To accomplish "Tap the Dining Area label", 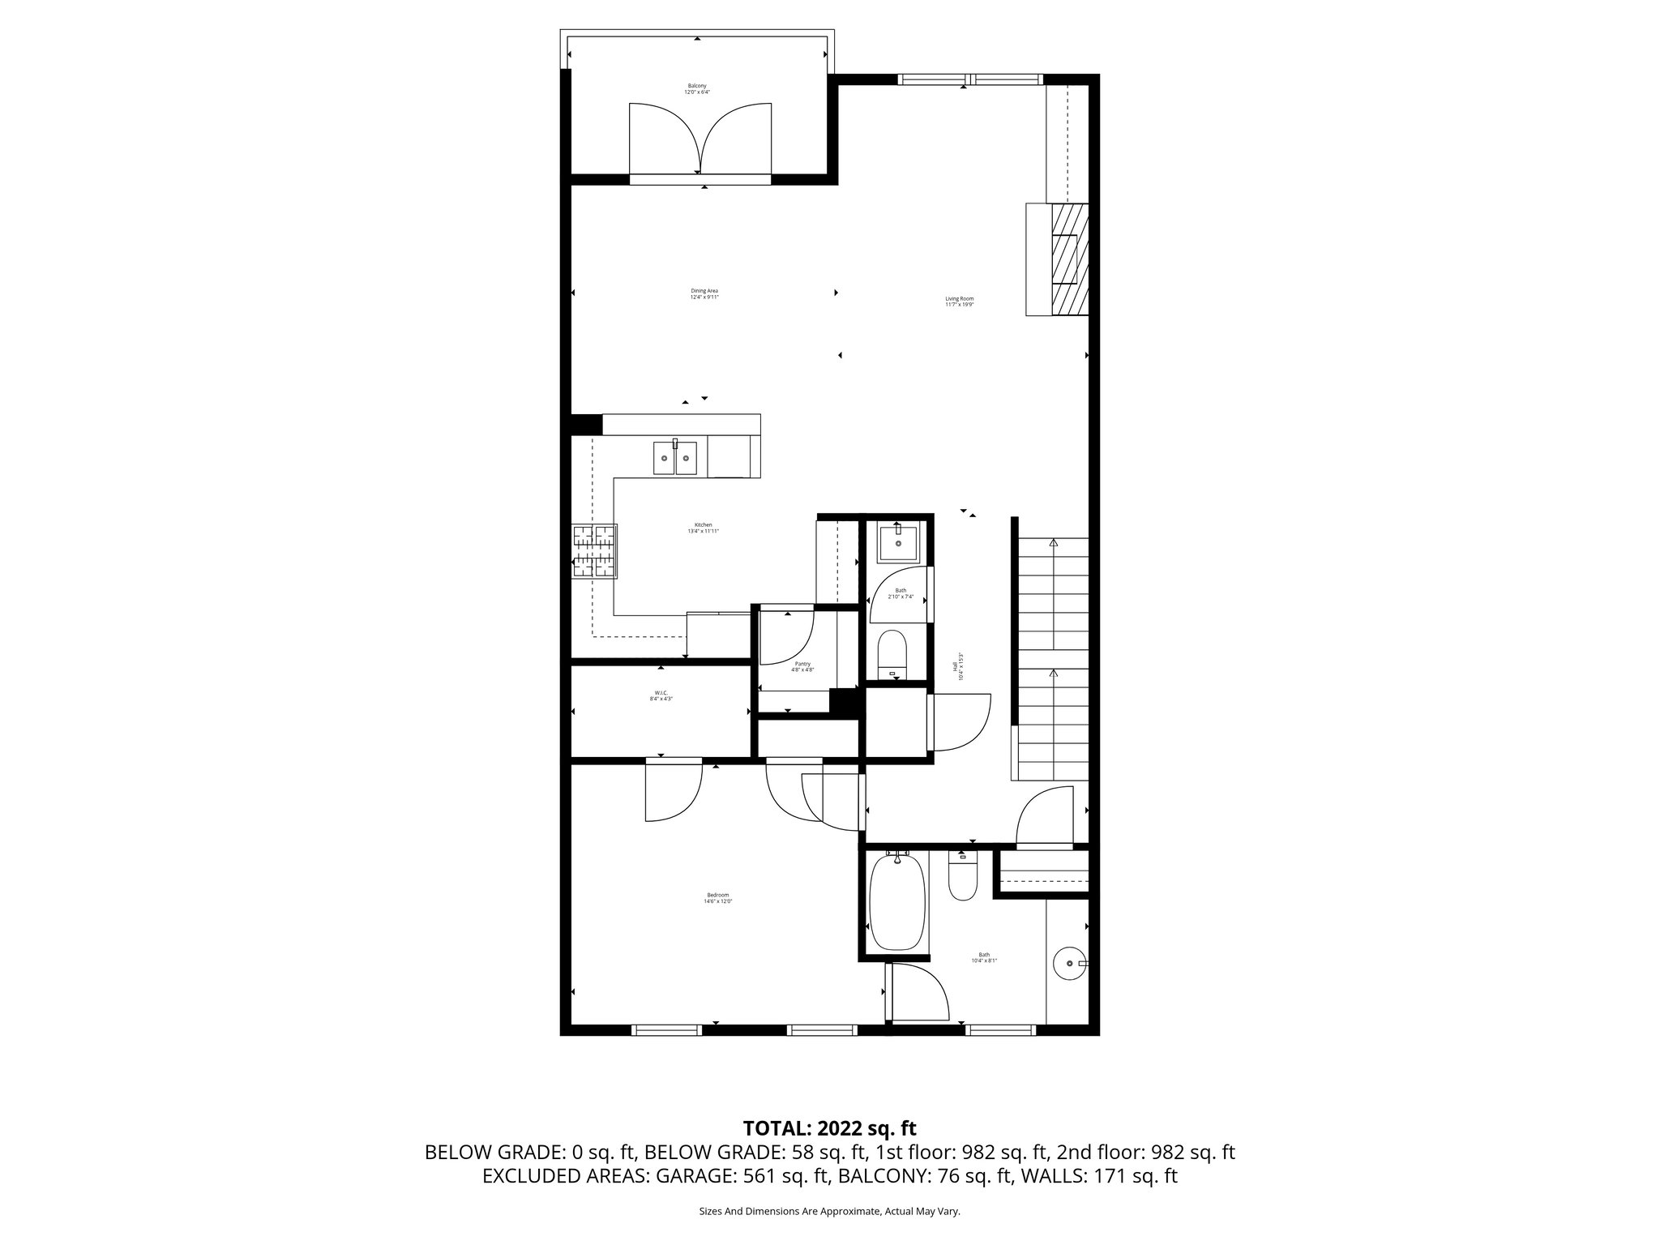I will (x=704, y=293).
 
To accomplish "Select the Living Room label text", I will (x=959, y=302).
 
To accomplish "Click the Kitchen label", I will (x=703, y=528).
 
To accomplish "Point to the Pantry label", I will (x=802, y=666).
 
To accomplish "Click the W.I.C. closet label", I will (x=661, y=695).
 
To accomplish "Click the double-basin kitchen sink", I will (x=675, y=458).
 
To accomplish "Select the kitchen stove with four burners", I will (x=594, y=551).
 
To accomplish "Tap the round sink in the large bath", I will (x=1070, y=963).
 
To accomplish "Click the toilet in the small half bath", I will (x=892, y=653).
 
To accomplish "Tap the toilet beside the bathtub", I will (x=963, y=879).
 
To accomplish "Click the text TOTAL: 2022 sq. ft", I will (x=829, y=1127).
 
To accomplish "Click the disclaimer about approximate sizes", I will (x=829, y=1211).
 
